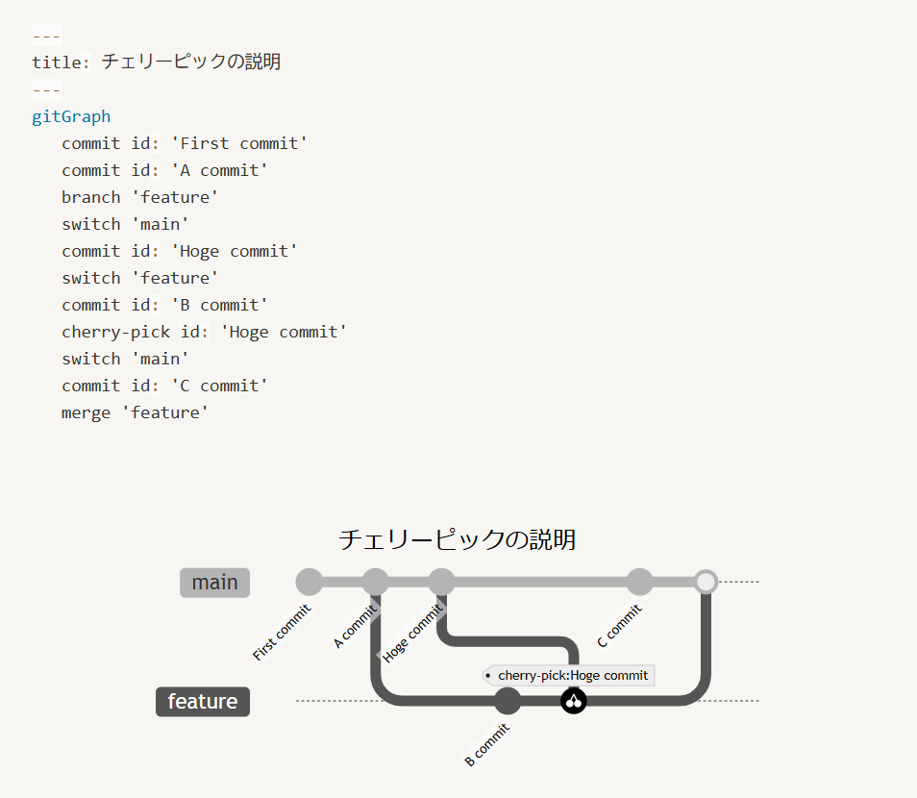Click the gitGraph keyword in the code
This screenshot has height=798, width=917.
pyautogui.click(x=71, y=116)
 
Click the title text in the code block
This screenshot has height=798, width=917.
pyautogui.click(x=190, y=62)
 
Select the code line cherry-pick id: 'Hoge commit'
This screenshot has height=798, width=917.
pyautogui.click(x=204, y=332)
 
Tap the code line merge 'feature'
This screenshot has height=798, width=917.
pyautogui.click(x=135, y=412)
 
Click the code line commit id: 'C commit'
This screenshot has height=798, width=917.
pyautogui.click(x=164, y=386)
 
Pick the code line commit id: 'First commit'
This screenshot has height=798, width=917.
pyautogui.click(x=185, y=143)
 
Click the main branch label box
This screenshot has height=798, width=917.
pyautogui.click(x=214, y=583)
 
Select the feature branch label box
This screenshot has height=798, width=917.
pyautogui.click(x=203, y=702)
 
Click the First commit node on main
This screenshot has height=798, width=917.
pyautogui.click(x=309, y=582)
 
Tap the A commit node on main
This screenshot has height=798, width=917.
pyautogui.click(x=375, y=582)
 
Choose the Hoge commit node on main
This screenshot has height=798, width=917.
pyautogui.click(x=441, y=582)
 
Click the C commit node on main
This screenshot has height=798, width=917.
pyautogui.click(x=639, y=582)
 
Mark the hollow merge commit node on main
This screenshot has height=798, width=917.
pyautogui.click(x=706, y=582)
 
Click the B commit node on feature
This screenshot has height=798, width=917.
pyautogui.click(x=508, y=701)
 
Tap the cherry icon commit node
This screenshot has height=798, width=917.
pyautogui.click(x=574, y=701)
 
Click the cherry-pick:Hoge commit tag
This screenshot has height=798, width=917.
pyautogui.click(x=569, y=675)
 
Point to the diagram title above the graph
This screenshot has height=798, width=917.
pyautogui.click(x=458, y=539)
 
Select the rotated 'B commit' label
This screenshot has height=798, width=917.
pyautogui.click(x=486, y=745)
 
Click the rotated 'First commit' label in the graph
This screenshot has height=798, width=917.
pyautogui.click(x=282, y=633)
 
